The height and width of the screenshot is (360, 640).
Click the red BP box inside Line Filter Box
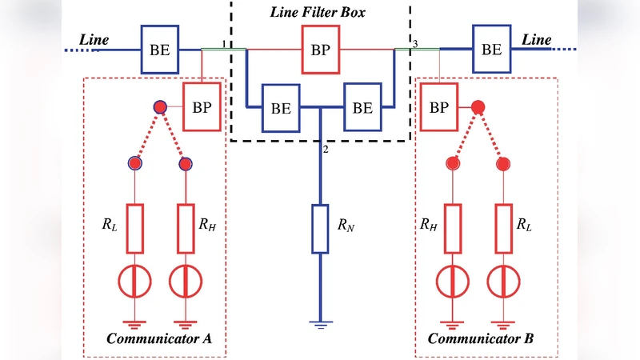point(319,49)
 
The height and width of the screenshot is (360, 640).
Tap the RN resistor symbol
point(320,228)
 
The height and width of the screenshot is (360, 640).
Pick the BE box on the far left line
point(160,50)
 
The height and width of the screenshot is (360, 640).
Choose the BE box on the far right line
point(491,49)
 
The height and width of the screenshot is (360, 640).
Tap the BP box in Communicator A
point(203,107)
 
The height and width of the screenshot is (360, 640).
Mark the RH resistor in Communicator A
point(186,227)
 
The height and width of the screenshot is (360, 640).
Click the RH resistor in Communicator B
point(453,227)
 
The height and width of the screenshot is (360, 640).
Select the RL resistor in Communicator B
point(504,227)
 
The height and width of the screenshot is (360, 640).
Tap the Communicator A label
point(159,338)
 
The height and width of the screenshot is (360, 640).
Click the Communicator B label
point(480,338)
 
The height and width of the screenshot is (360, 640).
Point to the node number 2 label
point(326,149)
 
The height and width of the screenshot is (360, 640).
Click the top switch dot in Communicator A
point(160,107)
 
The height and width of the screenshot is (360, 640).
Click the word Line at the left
point(95,39)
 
